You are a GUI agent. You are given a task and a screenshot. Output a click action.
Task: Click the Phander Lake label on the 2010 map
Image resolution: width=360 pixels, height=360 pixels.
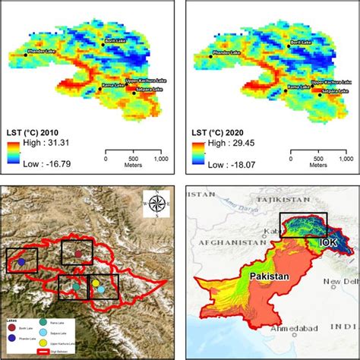click(x=23, y=53)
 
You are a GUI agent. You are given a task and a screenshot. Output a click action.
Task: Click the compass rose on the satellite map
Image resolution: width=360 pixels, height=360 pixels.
click(x=156, y=203)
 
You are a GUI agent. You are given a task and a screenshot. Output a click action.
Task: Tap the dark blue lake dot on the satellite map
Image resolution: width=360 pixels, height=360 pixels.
click(x=21, y=262)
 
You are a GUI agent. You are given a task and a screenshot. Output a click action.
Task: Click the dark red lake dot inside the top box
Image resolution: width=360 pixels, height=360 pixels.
click(x=77, y=254)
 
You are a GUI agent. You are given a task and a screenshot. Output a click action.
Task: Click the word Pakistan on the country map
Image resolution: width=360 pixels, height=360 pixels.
click(x=267, y=277)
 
